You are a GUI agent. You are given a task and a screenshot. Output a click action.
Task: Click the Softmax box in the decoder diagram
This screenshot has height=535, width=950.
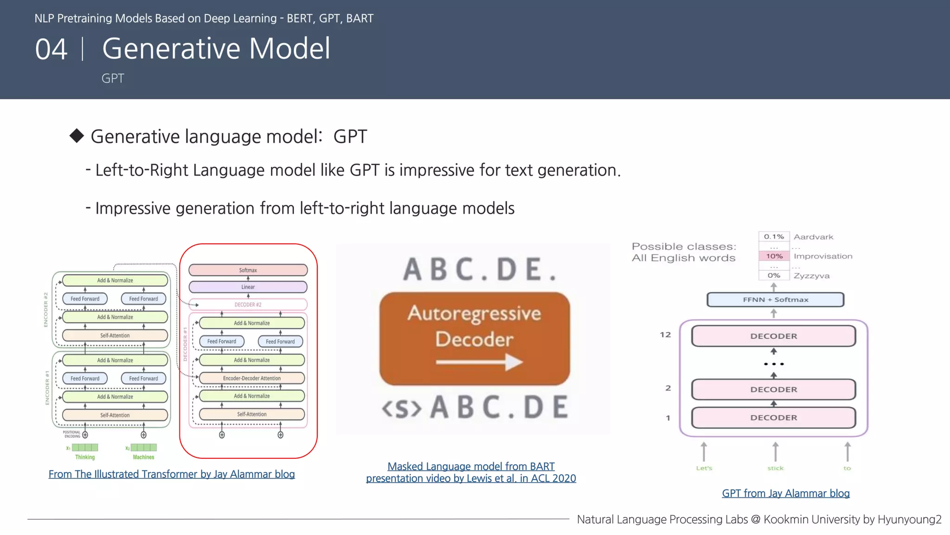248,270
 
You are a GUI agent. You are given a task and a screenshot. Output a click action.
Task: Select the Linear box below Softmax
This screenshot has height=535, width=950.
248,287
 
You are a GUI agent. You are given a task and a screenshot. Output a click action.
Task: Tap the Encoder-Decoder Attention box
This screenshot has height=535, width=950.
251,378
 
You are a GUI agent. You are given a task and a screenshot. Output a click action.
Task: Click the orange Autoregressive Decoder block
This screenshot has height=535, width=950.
474,339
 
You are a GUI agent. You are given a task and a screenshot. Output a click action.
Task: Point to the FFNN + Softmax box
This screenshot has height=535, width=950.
775,300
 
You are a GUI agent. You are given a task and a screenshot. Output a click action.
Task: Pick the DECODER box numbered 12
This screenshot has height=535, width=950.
773,336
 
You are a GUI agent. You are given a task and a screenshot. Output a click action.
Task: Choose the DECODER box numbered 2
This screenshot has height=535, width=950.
773,389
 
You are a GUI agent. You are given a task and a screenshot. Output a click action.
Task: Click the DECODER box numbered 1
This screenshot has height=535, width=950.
773,418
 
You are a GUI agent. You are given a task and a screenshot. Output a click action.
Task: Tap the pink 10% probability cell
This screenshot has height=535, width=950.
774,256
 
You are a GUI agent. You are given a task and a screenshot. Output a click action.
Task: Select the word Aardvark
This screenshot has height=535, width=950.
813,237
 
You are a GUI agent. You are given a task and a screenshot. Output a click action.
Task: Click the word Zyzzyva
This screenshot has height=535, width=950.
811,276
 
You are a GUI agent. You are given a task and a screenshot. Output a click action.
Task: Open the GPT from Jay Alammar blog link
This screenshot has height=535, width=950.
785,493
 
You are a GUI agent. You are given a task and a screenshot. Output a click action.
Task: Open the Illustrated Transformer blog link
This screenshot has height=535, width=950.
172,474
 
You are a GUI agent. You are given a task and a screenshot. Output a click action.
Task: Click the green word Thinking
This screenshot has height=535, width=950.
85,457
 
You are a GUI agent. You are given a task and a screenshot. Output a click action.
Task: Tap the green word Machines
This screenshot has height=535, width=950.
143,457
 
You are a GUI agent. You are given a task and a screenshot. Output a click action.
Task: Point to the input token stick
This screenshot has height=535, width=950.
775,468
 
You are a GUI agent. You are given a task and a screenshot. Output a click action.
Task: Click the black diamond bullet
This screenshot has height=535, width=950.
77,136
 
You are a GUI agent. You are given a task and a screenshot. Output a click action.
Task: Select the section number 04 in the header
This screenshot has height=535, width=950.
51,49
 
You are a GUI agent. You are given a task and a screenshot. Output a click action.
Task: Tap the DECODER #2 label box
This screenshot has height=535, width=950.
248,305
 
